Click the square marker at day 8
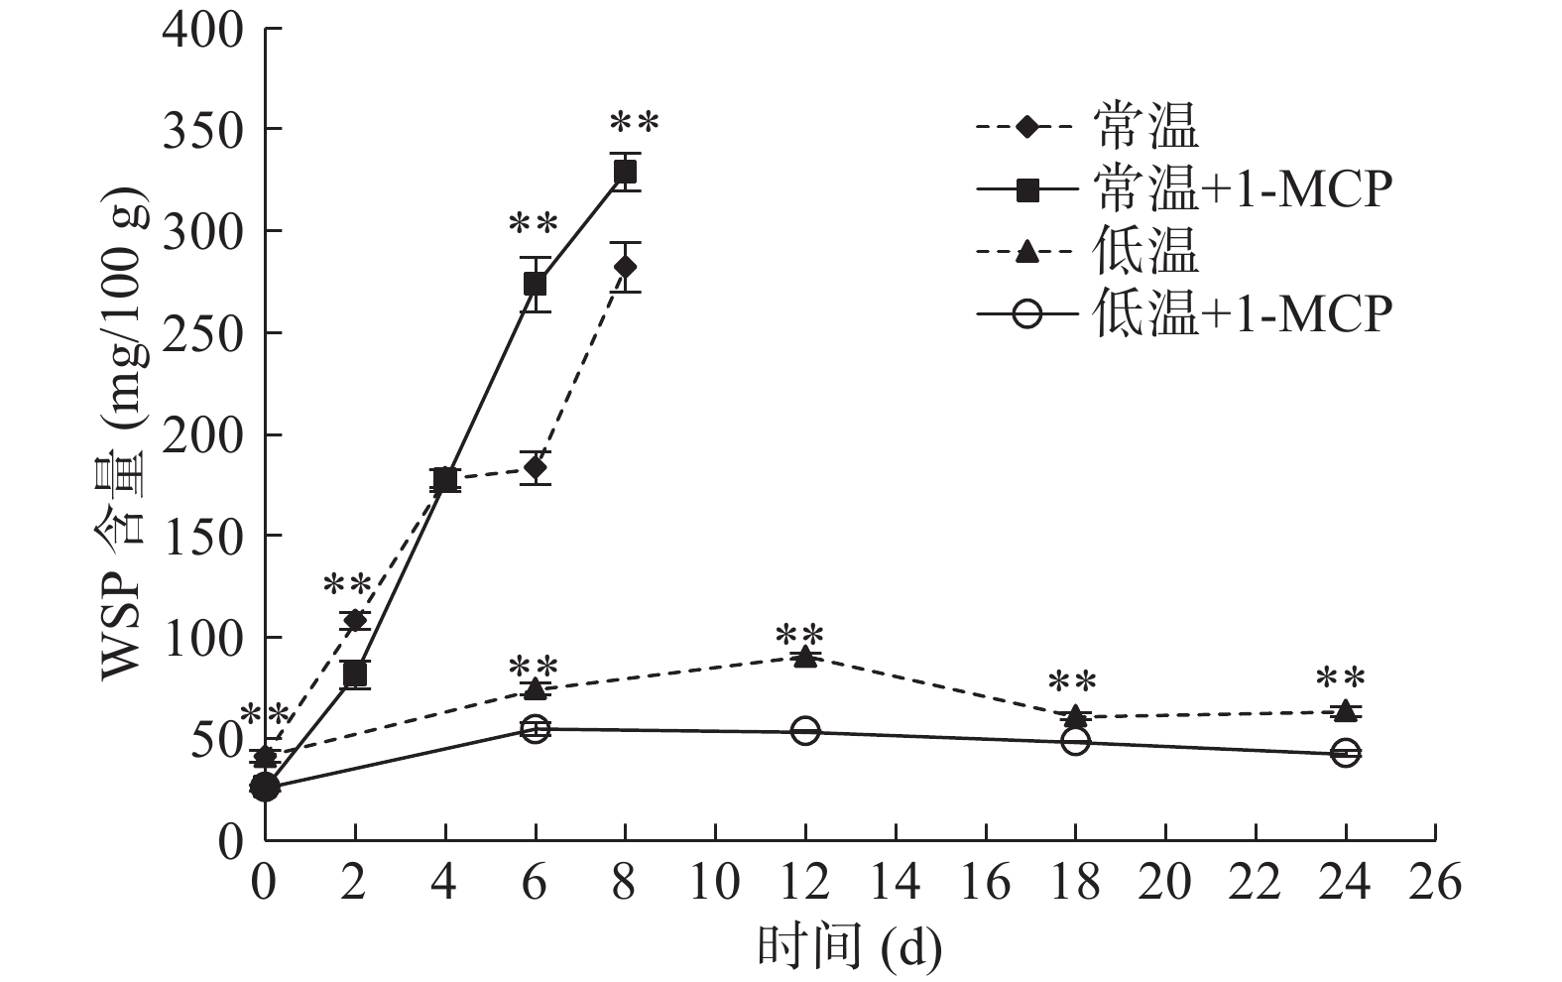625,172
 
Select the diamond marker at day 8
625,267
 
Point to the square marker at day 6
535,284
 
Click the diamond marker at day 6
536,467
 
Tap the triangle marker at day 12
805,656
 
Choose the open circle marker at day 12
805,731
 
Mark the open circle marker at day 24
1345,753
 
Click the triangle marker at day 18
1075,715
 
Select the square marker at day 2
355,675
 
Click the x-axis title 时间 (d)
849,947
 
